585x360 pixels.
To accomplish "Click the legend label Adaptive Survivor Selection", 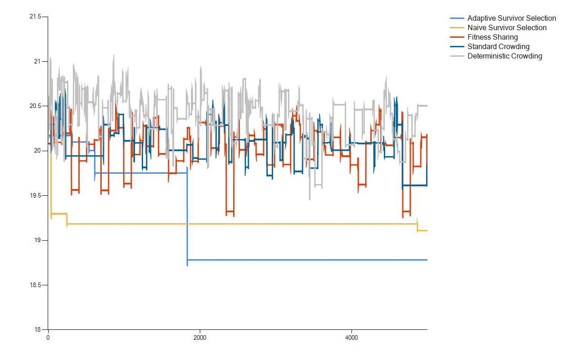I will [x=512, y=18].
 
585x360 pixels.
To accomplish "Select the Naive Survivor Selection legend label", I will [x=507, y=28].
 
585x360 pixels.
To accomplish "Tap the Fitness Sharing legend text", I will [x=492, y=37].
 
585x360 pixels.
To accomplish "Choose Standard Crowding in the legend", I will [x=498, y=47].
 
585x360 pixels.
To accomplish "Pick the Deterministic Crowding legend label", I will [x=504, y=56].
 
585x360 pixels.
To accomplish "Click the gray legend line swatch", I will [x=457, y=56].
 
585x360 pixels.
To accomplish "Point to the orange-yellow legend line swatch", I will [x=457, y=28].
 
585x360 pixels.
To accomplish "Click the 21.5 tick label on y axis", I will [x=35, y=17].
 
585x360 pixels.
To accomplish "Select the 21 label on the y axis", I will [x=37, y=62].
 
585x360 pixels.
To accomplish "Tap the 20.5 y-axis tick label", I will [x=35, y=106].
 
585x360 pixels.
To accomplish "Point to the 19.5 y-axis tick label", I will [x=35, y=196].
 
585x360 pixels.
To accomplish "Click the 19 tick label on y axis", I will [x=37, y=240].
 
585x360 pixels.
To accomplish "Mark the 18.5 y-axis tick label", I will [x=35, y=285].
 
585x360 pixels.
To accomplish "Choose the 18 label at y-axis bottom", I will [x=37, y=330].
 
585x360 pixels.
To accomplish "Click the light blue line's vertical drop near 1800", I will [x=187, y=216].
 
